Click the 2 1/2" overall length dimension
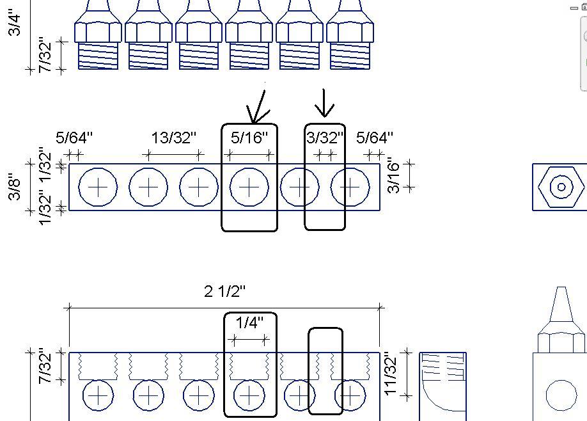(x=224, y=292)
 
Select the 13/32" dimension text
(x=174, y=138)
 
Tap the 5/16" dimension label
(x=249, y=138)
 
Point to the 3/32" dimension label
(x=325, y=138)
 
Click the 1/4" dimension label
(x=249, y=323)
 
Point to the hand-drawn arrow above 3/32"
(x=325, y=104)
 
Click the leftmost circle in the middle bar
(x=98, y=187)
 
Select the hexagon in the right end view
(x=561, y=187)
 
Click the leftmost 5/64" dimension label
(x=74, y=138)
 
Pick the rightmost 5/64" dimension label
(x=375, y=138)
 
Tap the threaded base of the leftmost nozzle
(x=98, y=56)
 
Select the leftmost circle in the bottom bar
(x=98, y=397)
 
